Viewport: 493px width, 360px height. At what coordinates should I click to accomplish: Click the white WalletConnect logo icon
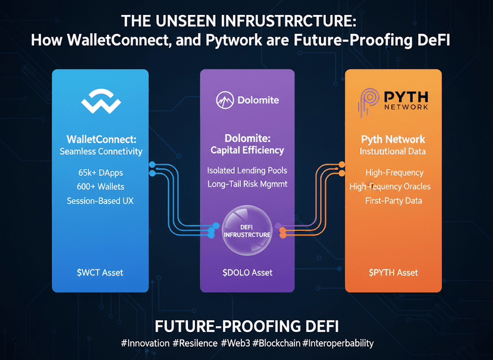pyautogui.click(x=101, y=101)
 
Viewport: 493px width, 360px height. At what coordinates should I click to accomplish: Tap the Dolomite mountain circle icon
pyautogui.click(x=225, y=100)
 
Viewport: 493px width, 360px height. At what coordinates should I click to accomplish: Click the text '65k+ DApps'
pyautogui.click(x=101, y=173)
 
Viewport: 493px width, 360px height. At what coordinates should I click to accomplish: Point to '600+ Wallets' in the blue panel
pyautogui.click(x=101, y=187)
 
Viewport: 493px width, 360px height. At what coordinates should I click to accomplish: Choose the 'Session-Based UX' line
pyautogui.click(x=100, y=201)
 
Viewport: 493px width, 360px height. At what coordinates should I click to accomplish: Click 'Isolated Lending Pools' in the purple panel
pyautogui.click(x=247, y=171)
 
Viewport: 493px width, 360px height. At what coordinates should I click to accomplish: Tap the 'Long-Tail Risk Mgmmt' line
pyautogui.click(x=247, y=184)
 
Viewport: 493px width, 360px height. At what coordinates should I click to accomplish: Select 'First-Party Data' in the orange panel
pyautogui.click(x=394, y=201)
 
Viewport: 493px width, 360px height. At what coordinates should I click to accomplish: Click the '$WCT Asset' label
pyautogui.click(x=100, y=273)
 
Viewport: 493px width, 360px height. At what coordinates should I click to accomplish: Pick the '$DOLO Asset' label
pyautogui.click(x=247, y=273)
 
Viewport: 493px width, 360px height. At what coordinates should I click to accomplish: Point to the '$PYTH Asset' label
pyautogui.click(x=394, y=273)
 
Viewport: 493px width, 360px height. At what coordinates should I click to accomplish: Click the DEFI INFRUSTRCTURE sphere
pyautogui.click(x=247, y=230)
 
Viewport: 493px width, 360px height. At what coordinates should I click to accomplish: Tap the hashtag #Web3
pyautogui.click(x=235, y=343)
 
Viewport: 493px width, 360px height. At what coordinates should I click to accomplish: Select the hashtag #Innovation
pyautogui.click(x=145, y=343)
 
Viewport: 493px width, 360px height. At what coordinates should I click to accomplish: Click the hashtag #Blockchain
pyautogui.click(x=276, y=343)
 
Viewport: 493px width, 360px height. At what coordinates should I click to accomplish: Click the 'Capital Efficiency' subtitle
pyautogui.click(x=247, y=151)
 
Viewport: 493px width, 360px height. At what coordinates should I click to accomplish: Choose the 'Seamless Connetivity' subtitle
pyautogui.click(x=101, y=152)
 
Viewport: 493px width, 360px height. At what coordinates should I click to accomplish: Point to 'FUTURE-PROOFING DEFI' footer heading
pyautogui.click(x=247, y=327)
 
